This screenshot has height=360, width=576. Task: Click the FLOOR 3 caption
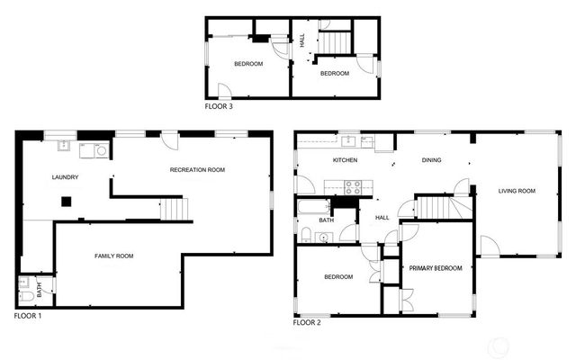click(x=219, y=105)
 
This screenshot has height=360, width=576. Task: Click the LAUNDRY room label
click(x=66, y=177)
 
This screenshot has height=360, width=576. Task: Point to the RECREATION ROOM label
click(x=197, y=169)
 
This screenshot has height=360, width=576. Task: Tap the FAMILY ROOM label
click(x=114, y=256)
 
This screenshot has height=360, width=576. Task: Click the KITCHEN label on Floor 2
click(x=345, y=160)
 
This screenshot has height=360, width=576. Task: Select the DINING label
click(x=432, y=160)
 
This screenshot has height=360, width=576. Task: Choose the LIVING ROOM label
click(x=517, y=191)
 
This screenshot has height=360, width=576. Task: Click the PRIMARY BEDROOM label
click(x=436, y=268)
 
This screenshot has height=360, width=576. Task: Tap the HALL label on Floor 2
click(x=382, y=217)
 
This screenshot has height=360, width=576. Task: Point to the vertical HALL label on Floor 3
click(x=302, y=40)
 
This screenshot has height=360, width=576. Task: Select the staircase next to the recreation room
click(x=177, y=210)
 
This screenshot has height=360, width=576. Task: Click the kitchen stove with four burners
click(x=354, y=188)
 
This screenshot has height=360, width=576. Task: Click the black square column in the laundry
click(x=66, y=202)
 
